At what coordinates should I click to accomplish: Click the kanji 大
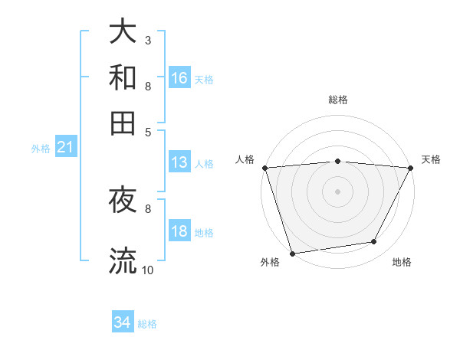tap(123, 31)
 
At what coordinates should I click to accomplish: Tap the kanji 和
tap(123, 77)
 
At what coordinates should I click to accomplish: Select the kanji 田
tap(123, 123)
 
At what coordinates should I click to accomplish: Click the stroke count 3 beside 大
tap(147, 40)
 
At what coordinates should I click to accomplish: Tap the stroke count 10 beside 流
tap(147, 270)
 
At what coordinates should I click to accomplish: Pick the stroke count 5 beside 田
tap(147, 131)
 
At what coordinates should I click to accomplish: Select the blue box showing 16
tap(179, 77)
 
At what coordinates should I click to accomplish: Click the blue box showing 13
tap(179, 162)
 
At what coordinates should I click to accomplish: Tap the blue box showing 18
tap(179, 232)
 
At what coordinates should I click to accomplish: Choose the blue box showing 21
tap(65, 147)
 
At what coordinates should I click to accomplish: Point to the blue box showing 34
tap(123, 322)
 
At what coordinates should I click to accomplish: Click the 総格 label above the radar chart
tap(338, 100)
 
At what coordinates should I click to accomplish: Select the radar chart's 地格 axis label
tap(402, 263)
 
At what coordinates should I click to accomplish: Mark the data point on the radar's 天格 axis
tap(411, 168)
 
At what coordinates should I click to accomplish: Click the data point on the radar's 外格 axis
tap(292, 253)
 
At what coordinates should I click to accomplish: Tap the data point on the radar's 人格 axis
tap(264, 168)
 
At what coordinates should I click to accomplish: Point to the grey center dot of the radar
tap(338, 191)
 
